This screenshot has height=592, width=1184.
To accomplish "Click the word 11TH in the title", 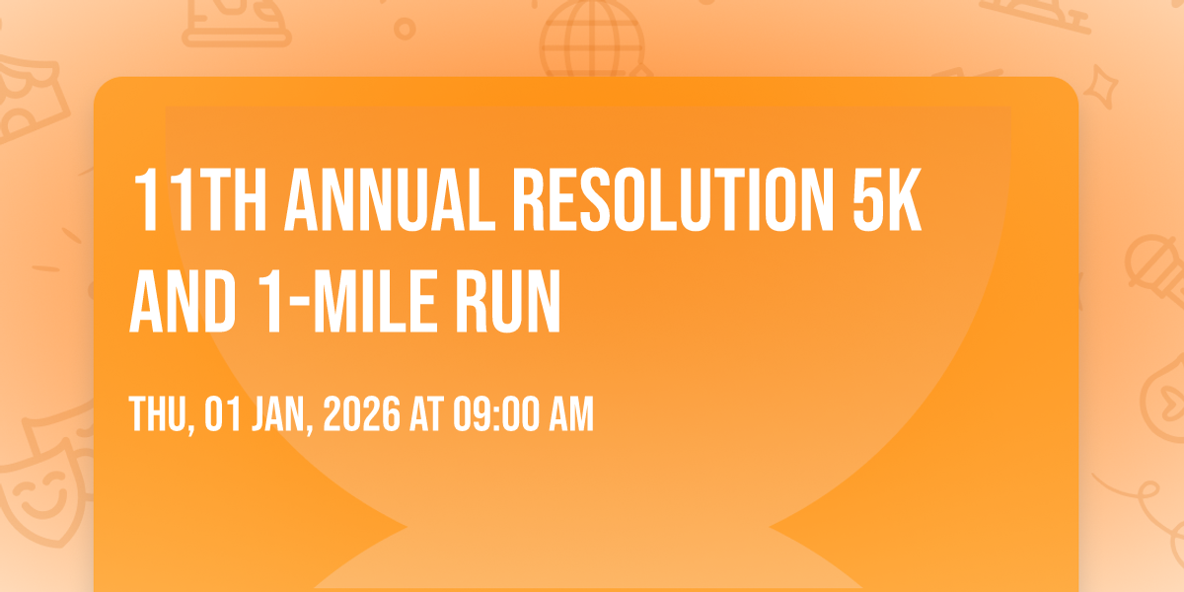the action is point(199,200).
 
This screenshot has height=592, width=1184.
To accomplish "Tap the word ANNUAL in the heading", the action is point(390,200).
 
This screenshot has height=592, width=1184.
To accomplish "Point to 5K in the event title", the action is point(887,200).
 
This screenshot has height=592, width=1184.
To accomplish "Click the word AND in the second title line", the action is point(183,301).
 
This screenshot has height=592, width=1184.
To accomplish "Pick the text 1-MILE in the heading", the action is point(348,301).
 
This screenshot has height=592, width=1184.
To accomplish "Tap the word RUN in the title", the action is point(508,301).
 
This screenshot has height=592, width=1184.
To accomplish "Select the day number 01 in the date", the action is point(223,413).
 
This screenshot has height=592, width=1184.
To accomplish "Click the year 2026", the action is point(362,413).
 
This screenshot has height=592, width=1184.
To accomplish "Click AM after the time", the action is point(571,413).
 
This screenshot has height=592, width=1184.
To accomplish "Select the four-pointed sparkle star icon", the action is point(1100,87).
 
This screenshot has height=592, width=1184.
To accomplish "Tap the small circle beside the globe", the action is point(405,29).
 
